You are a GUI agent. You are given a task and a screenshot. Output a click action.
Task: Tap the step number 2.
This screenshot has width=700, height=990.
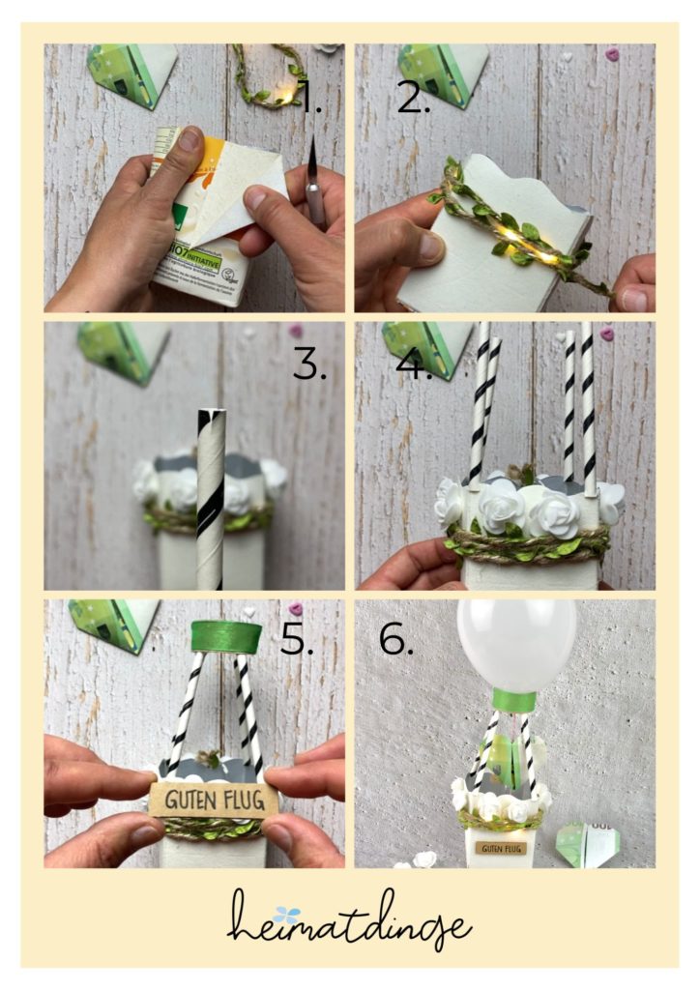pos(413,97)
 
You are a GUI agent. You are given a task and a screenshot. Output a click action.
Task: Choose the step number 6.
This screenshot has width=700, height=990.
pos(396,639)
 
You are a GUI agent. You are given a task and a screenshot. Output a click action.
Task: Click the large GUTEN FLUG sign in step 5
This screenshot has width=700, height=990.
pos(214,800)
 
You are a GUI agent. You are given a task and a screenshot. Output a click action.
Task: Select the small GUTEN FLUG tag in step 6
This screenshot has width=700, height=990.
pos(495,848)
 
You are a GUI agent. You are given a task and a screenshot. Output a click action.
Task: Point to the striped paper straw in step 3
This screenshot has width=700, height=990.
pos(211,493)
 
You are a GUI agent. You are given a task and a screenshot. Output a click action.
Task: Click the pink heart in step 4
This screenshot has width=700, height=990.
pos(606,334)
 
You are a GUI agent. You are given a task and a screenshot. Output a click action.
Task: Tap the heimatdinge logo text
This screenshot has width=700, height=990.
pos(349,922)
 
